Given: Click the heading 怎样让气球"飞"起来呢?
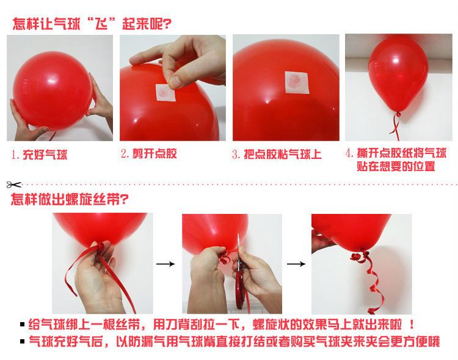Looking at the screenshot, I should click(x=92, y=24).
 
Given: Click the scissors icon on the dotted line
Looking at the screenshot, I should click(x=12, y=183).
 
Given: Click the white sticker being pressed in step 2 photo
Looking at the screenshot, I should click(x=165, y=89).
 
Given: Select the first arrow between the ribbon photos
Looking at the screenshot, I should click(x=164, y=263).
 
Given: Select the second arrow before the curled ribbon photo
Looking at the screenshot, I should click(x=296, y=264).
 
